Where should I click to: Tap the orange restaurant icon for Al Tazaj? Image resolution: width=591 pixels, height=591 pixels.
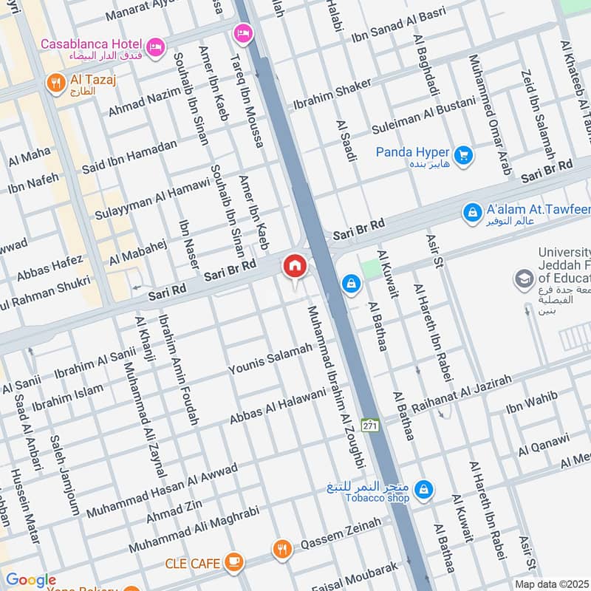[x=56, y=83]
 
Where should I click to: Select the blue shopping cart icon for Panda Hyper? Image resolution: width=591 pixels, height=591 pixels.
[x=464, y=155]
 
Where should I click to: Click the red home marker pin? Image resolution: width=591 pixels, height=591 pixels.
[x=294, y=266]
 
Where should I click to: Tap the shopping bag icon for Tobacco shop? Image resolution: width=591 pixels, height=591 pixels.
[x=424, y=488]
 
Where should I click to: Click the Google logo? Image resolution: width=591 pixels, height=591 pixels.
[x=30, y=581]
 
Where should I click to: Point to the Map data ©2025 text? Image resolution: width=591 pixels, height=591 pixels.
[x=551, y=584]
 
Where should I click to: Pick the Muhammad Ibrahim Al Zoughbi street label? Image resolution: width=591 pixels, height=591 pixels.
[x=337, y=386]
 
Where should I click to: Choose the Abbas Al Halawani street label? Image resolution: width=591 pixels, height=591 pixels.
[x=277, y=406]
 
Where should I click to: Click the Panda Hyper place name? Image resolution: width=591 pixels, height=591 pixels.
[x=412, y=152]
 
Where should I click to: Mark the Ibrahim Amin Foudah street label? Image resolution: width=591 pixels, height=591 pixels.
[x=178, y=369]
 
